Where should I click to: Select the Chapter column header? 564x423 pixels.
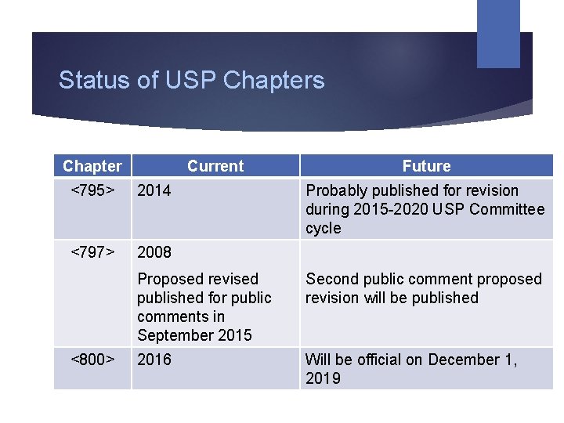click(92, 166)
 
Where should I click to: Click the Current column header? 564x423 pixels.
click(215, 166)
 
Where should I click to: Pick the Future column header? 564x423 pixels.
click(426, 166)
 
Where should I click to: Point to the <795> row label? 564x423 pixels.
click(92, 190)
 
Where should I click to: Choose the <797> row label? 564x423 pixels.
click(92, 252)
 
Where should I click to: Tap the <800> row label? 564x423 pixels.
click(92, 360)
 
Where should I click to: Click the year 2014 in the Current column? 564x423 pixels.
click(154, 190)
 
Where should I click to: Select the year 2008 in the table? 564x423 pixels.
click(154, 252)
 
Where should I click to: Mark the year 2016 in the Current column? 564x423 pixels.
click(154, 360)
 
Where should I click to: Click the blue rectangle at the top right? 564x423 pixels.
click(498, 33)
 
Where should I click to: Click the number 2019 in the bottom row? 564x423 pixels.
click(323, 378)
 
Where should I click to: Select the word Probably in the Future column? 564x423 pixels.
click(337, 190)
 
